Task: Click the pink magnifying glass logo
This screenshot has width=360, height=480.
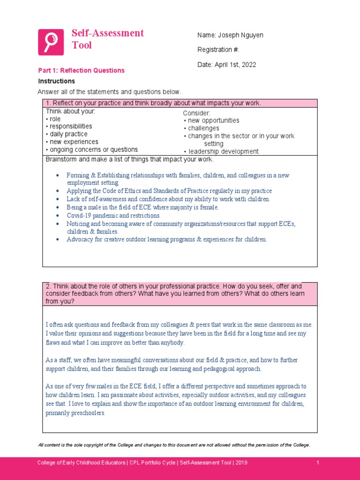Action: pyautogui.click(x=51, y=42)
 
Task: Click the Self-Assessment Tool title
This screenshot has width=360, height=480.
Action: pyautogui.click(x=107, y=39)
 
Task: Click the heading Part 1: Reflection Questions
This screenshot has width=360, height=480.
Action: pyautogui.click(x=81, y=70)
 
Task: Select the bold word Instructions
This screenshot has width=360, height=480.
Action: pyautogui.click(x=56, y=81)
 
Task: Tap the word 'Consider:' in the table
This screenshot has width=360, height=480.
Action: pyautogui.click(x=197, y=113)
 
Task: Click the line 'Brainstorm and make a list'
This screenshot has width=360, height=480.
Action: pyautogui.click(x=129, y=159)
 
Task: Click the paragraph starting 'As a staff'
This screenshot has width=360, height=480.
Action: pyautogui.click(x=172, y=364)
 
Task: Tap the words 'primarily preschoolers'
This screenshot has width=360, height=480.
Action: pyautogui.click(x=75, y=413)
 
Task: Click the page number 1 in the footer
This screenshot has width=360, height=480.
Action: pyautogui.click(x=318, y=463)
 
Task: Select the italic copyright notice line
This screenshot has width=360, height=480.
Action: pyautogui.click(x=174, y=445)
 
